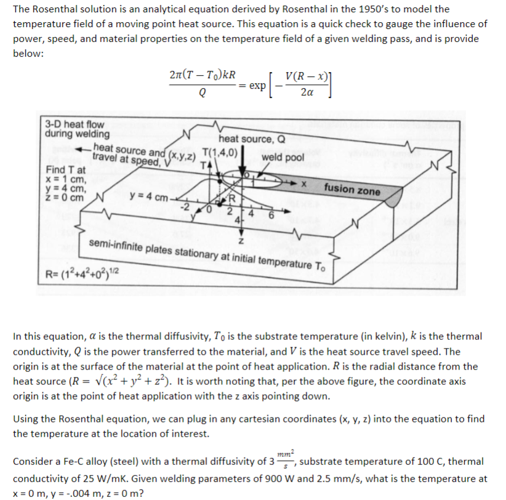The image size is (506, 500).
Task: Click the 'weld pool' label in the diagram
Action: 282,158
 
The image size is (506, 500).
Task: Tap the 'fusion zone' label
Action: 352,189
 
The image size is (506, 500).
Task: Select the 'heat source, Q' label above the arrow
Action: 251,139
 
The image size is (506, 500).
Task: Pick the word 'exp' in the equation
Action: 257,86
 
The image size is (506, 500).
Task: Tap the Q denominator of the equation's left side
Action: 203,94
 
